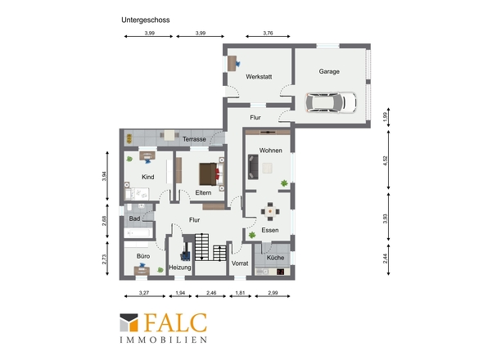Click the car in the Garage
331,102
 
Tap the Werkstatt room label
259,77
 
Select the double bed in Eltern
212,174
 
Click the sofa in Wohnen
253,167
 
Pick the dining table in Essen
270,212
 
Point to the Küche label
275,258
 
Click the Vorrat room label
240,263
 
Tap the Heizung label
180,268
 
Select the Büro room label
143,256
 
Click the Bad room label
134,218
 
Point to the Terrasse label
194,139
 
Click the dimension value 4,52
385,160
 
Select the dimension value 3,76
268,33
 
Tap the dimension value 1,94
180,293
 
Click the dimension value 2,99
273,293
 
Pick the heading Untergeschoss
146,20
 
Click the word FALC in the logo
175,322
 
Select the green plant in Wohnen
284,183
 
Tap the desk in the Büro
142,271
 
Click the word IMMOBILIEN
163,340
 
